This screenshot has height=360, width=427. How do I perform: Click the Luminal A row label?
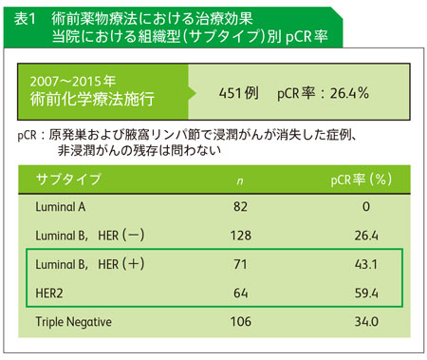[61, 207]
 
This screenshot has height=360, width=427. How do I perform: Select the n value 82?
[240, 207]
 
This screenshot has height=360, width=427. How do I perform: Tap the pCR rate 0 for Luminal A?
[366, 207]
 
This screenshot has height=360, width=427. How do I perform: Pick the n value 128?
[241, 236]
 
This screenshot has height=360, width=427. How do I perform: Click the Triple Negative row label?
[73, 322]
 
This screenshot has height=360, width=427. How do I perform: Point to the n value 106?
[241, 322]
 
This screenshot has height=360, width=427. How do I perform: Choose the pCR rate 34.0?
[366, 322]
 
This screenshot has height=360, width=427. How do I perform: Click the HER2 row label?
[49, 294]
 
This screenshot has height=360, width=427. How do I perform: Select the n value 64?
[240, 294]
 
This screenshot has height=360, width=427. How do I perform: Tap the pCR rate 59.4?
[366, 294]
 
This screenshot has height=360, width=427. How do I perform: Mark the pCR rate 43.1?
[366, 264]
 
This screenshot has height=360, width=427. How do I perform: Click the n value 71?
[240, 264]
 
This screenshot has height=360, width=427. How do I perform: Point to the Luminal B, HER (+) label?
[90, 264]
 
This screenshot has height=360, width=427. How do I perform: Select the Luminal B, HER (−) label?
[90, 236]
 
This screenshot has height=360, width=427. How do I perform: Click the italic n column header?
[240, 181]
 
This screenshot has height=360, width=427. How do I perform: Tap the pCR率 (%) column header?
[362, 180]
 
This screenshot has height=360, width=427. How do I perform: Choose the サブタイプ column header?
[68, 179]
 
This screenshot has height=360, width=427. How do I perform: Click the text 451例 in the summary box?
[238, 93]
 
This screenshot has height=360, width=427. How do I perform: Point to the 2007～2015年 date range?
[73, 82]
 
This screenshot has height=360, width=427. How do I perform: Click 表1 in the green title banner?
[25, 19]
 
